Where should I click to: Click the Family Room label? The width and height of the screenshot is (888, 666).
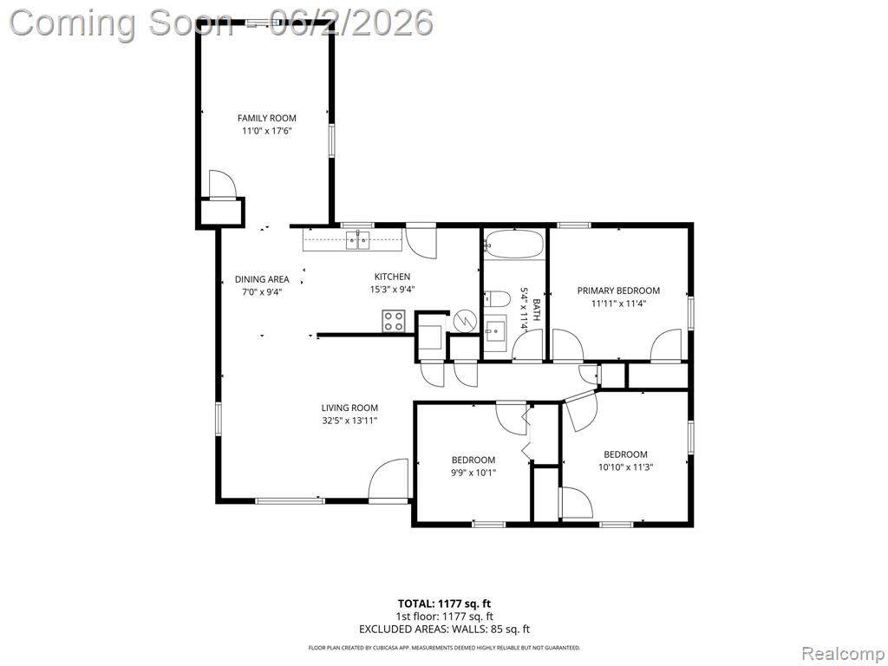tap(266, 118)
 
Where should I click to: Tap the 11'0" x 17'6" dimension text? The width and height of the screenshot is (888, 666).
tap(266, 131)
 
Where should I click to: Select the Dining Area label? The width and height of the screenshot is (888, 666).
tap(262, 279)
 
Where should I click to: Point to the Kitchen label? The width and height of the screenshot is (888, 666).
tap(392, 277)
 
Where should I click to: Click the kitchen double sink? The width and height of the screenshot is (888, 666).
tap(358, 240)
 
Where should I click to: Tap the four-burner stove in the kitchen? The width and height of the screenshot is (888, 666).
tap(394, 322)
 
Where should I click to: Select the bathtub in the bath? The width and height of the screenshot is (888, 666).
tap(514, 244)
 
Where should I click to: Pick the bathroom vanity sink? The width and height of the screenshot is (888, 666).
tap(495, 328)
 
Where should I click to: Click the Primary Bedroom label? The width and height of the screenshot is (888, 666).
tap(618, 291)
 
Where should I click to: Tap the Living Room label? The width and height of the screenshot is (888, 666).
tap(349, 408)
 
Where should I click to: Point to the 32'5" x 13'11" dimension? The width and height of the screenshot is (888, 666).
tap(349, 421)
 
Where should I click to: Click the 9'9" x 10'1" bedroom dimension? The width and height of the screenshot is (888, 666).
tap(473, 473)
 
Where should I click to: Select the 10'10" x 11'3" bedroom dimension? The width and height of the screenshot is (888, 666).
tap(625, 467)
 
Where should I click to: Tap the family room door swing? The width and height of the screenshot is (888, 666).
tap(221, 183)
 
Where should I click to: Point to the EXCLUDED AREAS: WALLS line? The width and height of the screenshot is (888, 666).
tap(445, 630)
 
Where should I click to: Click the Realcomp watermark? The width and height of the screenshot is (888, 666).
tap(843, 655)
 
